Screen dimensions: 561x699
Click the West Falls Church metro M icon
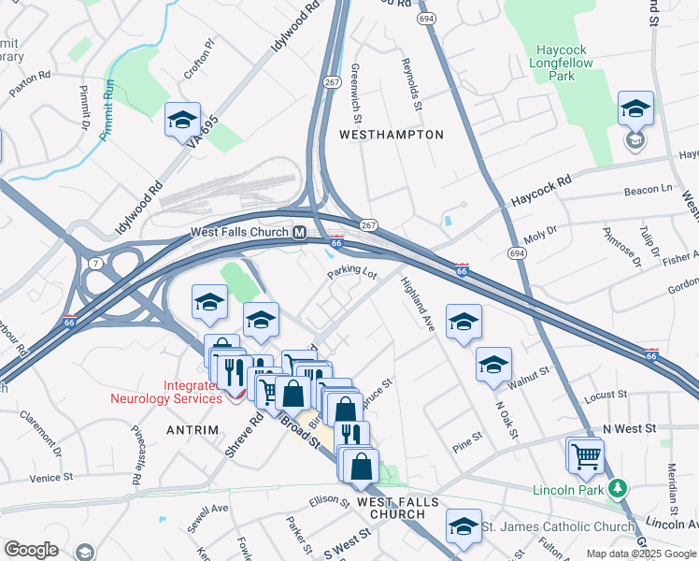click(x=300, y=233)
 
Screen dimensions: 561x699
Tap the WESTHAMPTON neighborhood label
click(x=391, y=135)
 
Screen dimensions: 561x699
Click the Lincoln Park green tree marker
click(x=617, y=488)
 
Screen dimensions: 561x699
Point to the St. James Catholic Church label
click(x=558, y=527)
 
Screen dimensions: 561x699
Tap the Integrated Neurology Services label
click(x=164, y=392)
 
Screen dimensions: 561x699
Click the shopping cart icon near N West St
click(x=586, y=457)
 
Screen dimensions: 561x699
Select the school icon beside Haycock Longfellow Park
click(x=635, y=111)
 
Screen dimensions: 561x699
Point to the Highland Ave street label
click(x=417, y=305)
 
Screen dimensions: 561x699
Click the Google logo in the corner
click(x=31, y=550)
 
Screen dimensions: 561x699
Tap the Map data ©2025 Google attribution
click(x=640, y=554)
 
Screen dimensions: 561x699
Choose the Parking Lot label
click(x=351, y=274)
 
